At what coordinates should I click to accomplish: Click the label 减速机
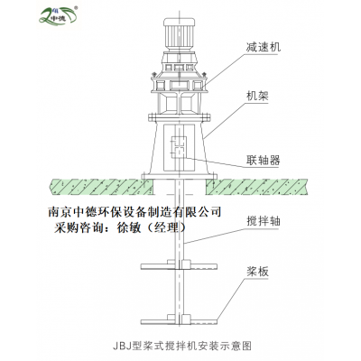263,47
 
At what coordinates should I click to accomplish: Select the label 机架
257,96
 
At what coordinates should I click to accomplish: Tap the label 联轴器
263,161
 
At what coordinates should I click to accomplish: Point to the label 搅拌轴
263,221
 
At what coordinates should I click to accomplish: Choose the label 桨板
257,272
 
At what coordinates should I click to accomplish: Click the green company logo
59,15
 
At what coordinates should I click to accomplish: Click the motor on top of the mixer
179,33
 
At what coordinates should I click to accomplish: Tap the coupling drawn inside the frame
179,147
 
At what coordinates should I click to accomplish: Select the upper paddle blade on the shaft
180,265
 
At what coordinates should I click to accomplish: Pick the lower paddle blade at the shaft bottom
180,319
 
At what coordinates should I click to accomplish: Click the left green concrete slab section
102,187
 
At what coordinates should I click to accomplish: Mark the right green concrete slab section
256,187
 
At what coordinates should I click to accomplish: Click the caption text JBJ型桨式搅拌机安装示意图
182,346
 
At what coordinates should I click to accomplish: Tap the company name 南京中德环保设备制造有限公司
134,211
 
